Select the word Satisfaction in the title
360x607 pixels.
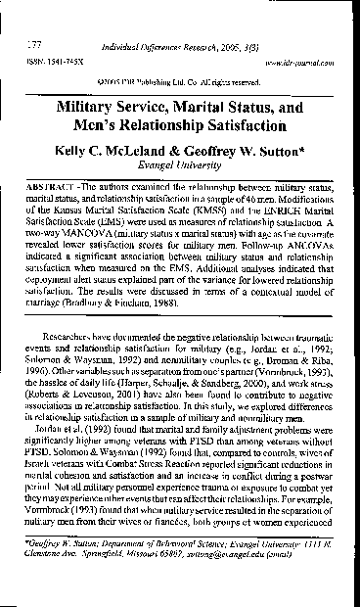click(242, 123)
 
